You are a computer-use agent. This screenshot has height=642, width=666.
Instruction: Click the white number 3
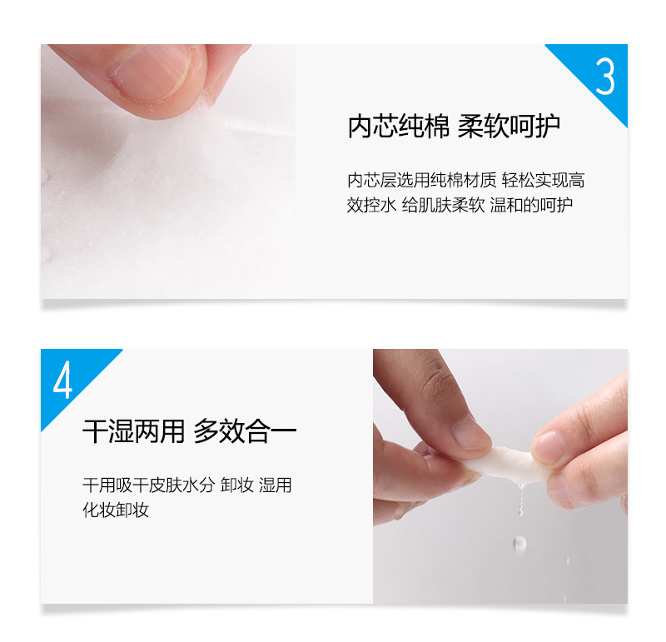pos(605,76)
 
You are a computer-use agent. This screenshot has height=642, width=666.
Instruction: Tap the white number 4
pos(63,380)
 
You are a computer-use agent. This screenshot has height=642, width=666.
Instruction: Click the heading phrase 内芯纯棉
pos(398,127)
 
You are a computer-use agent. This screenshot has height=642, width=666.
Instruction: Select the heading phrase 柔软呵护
pos(509,127)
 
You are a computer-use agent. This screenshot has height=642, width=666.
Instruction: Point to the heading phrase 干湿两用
pos(134,431)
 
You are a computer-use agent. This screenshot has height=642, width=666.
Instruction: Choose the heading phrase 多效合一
pos(245,431)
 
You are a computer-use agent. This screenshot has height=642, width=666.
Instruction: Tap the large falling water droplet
pos(519,543)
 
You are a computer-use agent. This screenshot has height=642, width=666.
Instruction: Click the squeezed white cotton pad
pos(505,465)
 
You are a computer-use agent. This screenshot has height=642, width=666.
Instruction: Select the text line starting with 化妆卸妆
pos(116,510)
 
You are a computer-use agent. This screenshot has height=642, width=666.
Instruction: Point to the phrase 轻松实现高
pos(543,180)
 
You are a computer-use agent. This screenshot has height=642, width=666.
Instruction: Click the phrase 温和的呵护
pos(531,205)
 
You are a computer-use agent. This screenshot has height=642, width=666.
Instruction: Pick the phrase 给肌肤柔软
pos(443,205)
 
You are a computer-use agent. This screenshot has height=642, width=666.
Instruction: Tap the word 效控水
pos(371,205)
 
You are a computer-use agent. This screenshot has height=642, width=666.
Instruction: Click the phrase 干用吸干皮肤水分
pos(149,485)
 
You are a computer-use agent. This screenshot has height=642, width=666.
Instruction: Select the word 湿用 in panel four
pos(276,485)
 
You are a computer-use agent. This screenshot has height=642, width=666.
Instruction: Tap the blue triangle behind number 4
pos(68,377)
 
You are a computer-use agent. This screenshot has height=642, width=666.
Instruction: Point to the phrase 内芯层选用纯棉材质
pos(421,180)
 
